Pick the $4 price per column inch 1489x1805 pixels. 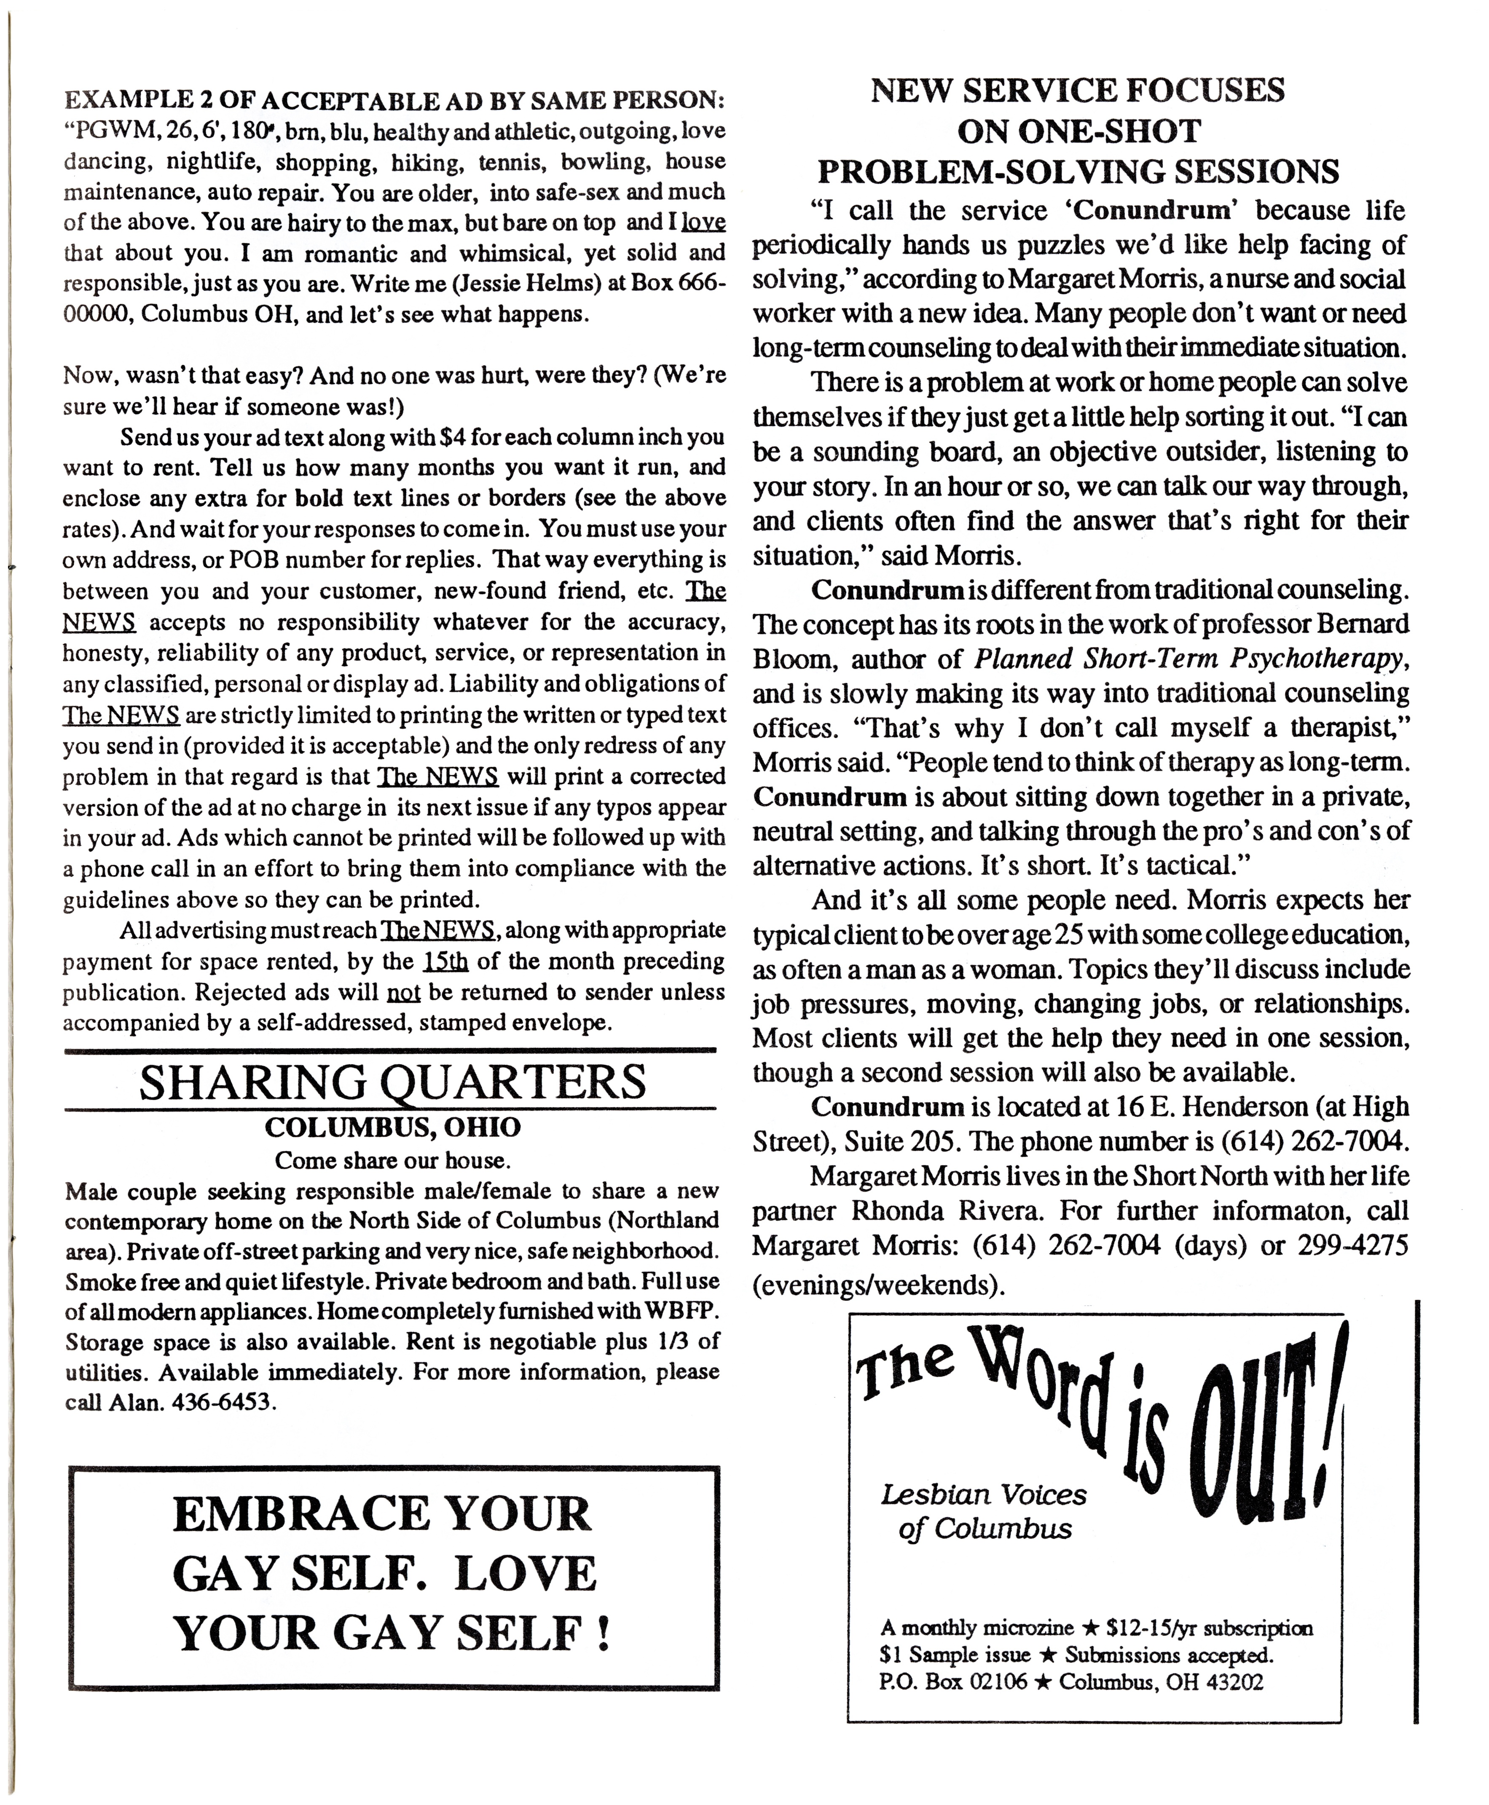tap(451, 437)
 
